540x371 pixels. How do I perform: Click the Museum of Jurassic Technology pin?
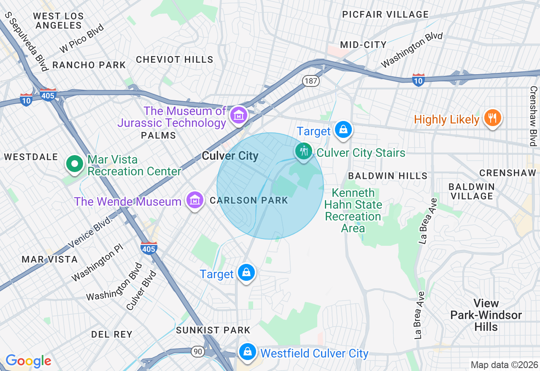pos(238,115)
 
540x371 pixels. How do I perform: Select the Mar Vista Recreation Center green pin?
pos(75,164)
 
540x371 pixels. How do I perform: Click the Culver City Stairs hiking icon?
pos(303,151)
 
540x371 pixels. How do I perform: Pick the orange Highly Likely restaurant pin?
pos(492,118)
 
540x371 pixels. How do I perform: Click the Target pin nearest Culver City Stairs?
pos(344,129)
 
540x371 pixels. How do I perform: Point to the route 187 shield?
pos(311,81)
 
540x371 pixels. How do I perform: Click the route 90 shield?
pos(197,351)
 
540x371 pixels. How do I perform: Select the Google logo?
pos(28,361)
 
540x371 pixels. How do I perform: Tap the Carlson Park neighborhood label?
pos(248,201)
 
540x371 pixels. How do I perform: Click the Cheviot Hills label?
pos(174,59)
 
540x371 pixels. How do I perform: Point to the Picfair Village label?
pos(385,14)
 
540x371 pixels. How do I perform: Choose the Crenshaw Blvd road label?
pos(534,116)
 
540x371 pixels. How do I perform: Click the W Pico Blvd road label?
pos(82,38)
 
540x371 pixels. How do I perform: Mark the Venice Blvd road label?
pos(91,232)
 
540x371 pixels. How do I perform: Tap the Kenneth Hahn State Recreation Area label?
pos(353,211)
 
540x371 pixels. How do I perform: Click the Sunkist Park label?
pos(213,330)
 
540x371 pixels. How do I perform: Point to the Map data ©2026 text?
pos(504,365)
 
